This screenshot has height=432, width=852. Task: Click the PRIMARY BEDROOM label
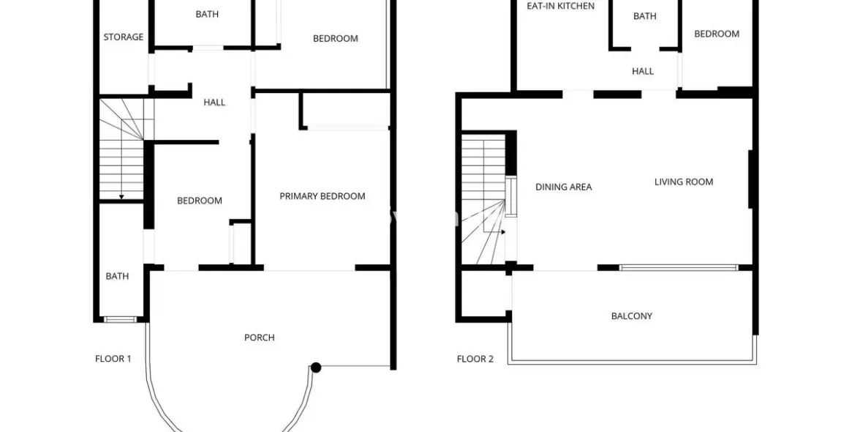point(323,196)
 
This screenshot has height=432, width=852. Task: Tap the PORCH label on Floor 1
point(259,338)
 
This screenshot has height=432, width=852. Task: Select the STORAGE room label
point(124,37)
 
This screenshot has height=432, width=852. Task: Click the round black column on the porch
point(316,368)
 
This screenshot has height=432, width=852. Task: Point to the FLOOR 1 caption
point(113,359)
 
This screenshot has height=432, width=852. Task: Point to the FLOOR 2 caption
point(475,359)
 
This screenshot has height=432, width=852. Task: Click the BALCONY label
point(631,316)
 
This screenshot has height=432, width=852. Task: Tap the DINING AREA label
point(563,187)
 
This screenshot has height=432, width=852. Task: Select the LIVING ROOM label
point(684,182)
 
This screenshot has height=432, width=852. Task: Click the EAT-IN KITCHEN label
point(561,6)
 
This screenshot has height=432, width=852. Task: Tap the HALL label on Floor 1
point(214,103)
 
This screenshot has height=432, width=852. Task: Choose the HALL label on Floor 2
point(643,71)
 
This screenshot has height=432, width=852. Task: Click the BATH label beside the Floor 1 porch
point(117,276)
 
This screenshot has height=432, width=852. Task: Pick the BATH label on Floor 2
point(644,16)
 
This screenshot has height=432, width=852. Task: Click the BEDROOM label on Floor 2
point(717,34)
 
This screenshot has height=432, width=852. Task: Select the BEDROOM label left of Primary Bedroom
point(200,201)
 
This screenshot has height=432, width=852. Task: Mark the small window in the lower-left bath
point(120,319)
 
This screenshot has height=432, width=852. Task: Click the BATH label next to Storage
point(207,14)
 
